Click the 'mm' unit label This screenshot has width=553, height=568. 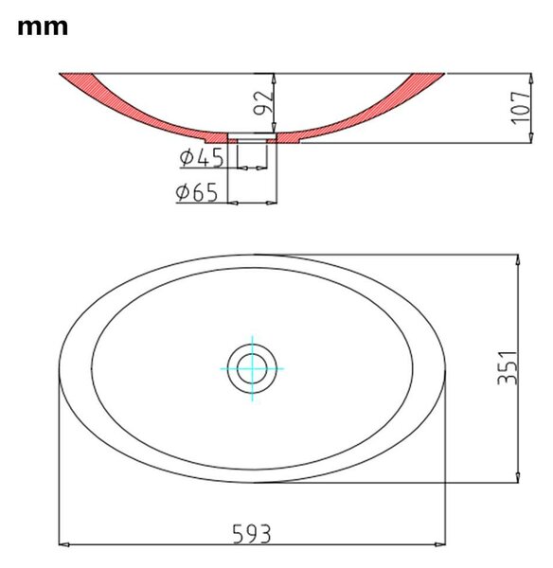pos(43,27)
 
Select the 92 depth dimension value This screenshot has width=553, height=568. pos(262,103)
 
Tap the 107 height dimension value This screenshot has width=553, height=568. pos(521,108)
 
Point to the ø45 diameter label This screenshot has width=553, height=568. pos(202,158)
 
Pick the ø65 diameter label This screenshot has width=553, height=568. pos(197,192)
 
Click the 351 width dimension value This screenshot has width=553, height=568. pos(508,367)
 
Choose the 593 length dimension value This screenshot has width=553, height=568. pos(251,534)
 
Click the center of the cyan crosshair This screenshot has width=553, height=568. pos(252,369)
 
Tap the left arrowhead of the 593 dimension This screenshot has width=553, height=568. pos(63,544)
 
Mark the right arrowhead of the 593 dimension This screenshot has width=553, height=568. pos(440,544)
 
